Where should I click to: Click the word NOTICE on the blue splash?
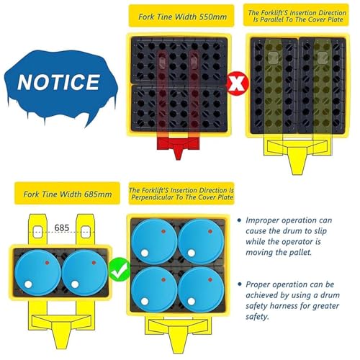click(59, 82)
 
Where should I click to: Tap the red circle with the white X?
click(238, 84)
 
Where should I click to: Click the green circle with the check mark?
click(120, 269)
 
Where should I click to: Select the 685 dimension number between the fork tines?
click(62, 228)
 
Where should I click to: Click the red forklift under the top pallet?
click(178, 146)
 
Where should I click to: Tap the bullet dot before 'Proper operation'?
click(240, 284)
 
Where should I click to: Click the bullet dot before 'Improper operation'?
click(239, 220)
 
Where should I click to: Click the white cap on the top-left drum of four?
click(145, 253)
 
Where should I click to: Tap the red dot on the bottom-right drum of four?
click(210, 280)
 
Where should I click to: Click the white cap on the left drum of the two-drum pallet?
click(28, 284)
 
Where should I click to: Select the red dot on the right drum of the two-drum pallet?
click(94, 263)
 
